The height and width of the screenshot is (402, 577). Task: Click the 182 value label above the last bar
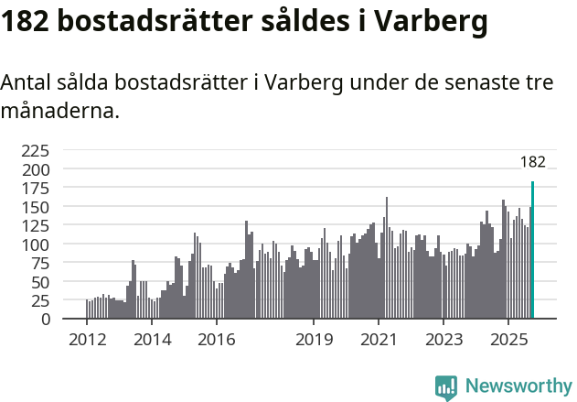tap(532, 162)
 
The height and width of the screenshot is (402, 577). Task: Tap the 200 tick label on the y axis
tap(36, 169)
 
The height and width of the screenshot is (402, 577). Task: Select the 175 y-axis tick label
tap(36, 189)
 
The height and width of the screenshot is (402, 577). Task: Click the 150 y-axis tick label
tap(36, 207)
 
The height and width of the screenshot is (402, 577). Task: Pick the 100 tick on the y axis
tap(36, 244)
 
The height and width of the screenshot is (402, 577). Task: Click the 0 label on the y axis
tap(46, 319)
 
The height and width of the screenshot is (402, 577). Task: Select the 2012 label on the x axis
tap(87, 340)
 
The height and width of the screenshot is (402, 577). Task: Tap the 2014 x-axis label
tap(152, 340)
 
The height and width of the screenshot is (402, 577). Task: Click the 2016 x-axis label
tap(217, 340)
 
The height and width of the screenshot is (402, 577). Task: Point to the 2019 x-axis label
tap(314, 340)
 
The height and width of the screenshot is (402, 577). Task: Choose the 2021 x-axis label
tap(379, 340)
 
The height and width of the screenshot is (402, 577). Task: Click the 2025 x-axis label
tap(508, 340)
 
